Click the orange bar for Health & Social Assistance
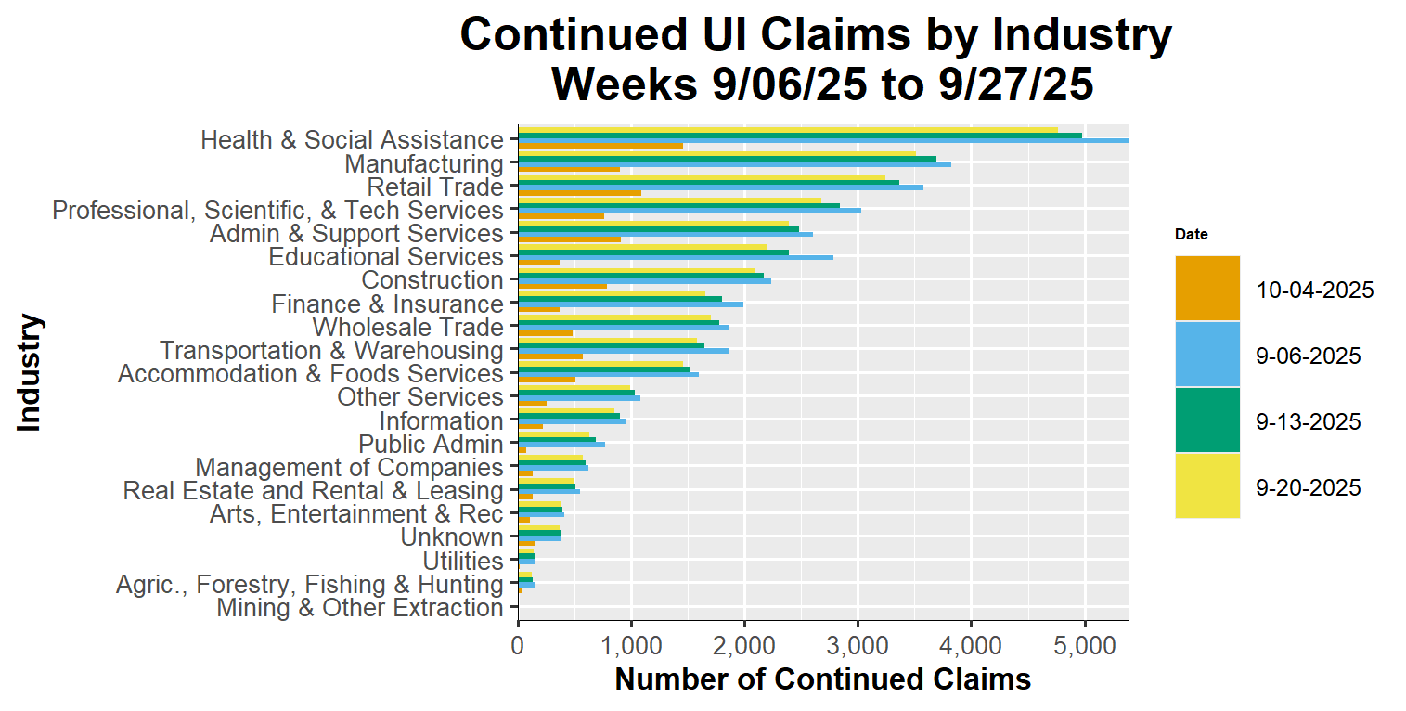600,146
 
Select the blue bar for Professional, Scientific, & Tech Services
689,211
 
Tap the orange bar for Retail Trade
579,193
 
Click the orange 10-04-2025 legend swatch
1207,289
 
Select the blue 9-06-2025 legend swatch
1207,355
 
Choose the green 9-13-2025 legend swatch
1207,420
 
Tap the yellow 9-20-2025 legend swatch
1207,486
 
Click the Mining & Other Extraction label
360,609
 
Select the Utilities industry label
463,562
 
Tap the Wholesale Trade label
408,328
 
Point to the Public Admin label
432,445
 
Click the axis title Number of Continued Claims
822,679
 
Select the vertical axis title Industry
30,372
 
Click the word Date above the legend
1191,235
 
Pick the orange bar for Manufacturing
568,169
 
